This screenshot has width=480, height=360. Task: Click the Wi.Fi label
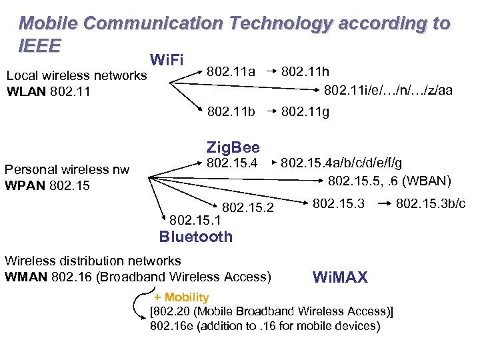click(167, 60)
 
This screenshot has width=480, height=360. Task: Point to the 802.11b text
click(231, 113)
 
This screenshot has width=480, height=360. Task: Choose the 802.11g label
click(305, 113)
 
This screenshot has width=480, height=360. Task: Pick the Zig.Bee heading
click(233, 147)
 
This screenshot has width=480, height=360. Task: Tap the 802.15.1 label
click(197, 219)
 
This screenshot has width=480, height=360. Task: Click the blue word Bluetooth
click(195, 237)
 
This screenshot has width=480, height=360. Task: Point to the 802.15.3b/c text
click(431, 203)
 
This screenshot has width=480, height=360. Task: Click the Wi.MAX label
click(340, 277)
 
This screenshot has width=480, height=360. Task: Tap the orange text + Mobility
click(181, 297)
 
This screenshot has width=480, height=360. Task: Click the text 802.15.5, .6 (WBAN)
click(390, 180)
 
